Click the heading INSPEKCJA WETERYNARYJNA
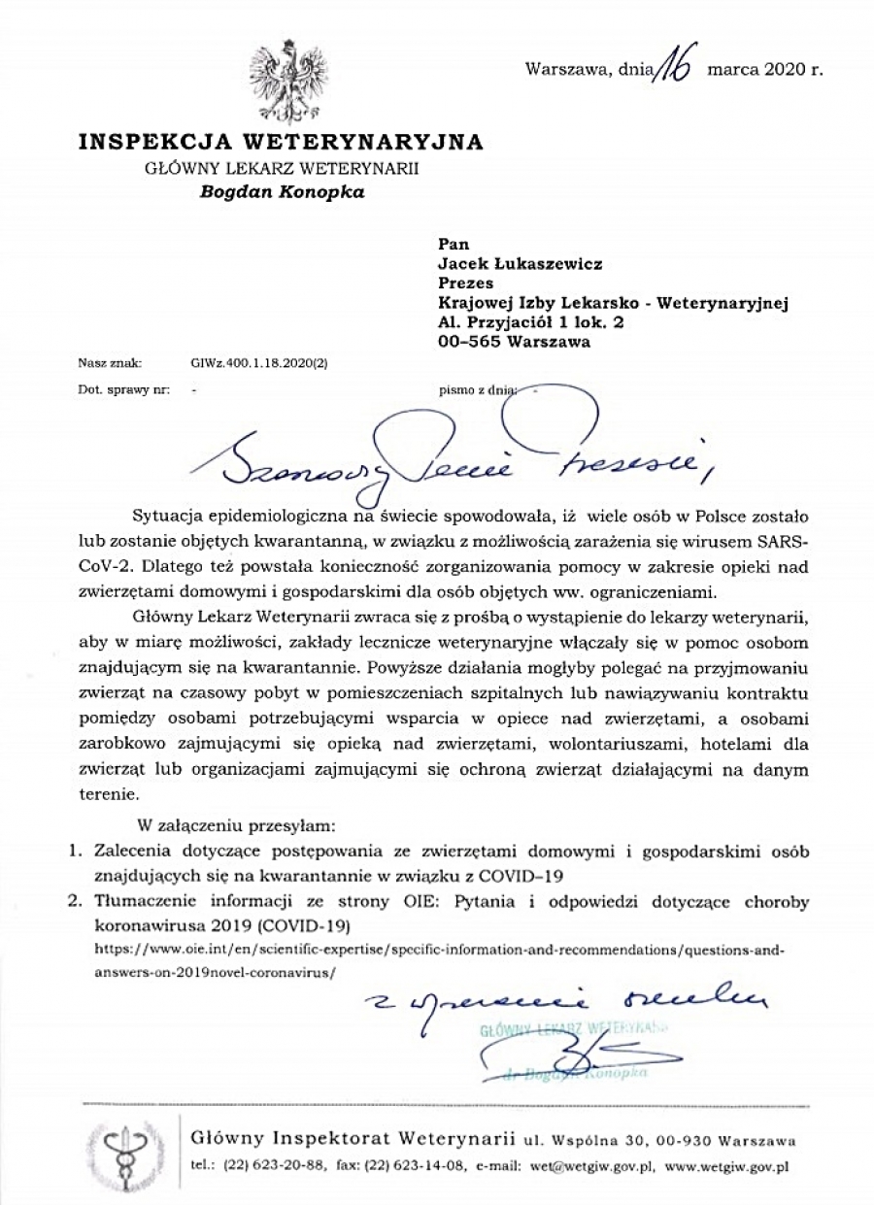(x=281, y=143)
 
